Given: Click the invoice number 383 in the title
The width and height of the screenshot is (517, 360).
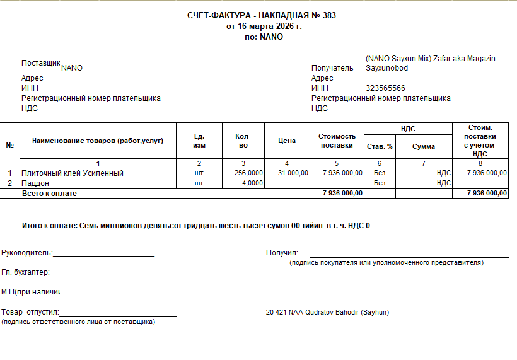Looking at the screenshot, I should pos(329,16).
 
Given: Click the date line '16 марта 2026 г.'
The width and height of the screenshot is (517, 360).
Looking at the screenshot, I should pos(264,26).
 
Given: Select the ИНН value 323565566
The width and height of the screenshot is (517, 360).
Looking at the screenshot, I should pos(385,88).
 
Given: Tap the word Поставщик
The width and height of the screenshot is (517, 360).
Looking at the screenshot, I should pos(40,63).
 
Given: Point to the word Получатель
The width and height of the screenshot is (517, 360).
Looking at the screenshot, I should pos(332,68).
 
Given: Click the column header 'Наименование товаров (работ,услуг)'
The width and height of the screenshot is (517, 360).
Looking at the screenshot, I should pos(98,141).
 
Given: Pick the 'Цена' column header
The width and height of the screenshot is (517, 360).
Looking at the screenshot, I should pos(287,141).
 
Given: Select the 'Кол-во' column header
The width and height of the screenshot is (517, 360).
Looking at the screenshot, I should pos(243,141).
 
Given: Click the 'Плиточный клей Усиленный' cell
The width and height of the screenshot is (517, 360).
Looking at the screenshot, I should pos(73,173).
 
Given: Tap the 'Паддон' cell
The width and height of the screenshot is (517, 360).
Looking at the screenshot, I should pos(35,183).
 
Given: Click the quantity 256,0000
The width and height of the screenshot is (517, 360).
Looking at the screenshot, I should pos(248,173).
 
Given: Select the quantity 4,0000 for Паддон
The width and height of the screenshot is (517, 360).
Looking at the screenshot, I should pos(253,183).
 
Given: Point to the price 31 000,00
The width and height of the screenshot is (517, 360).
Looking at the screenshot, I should pos(293,173).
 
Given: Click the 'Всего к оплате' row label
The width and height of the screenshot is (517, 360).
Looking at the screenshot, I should pos(49,194).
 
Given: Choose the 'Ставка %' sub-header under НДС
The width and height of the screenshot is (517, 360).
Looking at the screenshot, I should pos(380,146).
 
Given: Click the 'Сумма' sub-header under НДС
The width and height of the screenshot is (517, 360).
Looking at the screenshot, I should pos(424,146).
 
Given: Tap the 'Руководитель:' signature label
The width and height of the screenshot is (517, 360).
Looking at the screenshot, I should pos(27,253).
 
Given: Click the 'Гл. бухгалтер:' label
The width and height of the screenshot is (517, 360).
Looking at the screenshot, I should pos(25,272).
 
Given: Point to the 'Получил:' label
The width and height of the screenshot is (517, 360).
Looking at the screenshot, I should pos(282,253).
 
